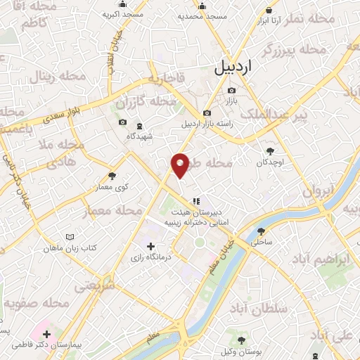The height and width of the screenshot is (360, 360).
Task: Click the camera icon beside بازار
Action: [232, 90]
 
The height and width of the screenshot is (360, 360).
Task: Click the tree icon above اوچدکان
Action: [270, 150]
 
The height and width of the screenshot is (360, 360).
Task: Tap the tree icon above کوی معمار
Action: [112, 176]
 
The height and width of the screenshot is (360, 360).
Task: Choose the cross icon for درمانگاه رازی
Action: [150, 246]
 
